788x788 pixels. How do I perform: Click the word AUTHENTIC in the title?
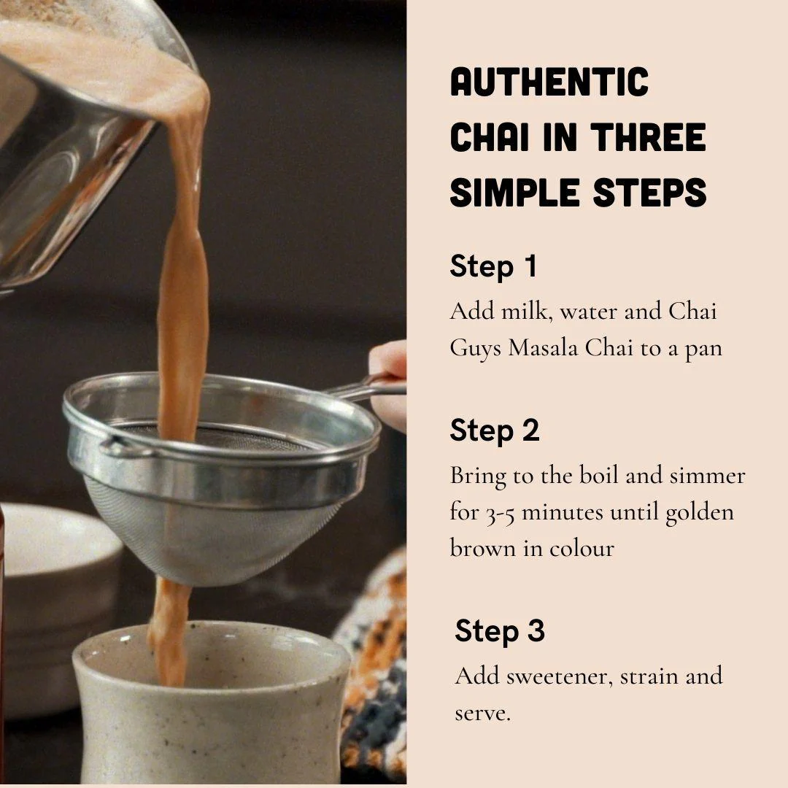pyautogui.click(x=549, y=82)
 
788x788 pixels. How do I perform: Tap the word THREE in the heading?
pyautogui.click(x=648, y=138)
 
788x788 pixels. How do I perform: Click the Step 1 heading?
pyautogui.click(x=493, y=266)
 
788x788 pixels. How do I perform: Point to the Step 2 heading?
pyautogui.click(x=495, y=430)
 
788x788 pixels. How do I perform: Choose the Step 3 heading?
pyautogui.click(x=500, y=631)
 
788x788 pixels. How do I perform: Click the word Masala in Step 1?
pyautogui.click(x=544, y=348)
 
